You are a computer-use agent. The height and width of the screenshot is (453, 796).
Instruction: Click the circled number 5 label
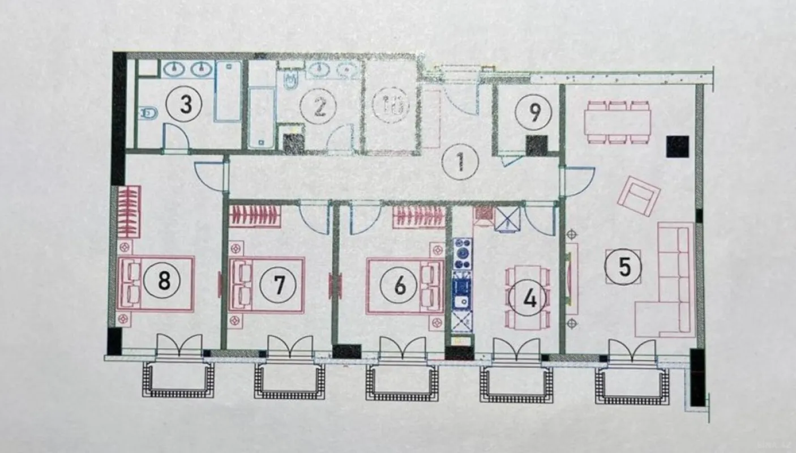click(624, 267)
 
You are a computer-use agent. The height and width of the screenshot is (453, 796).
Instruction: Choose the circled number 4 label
click(529, 298)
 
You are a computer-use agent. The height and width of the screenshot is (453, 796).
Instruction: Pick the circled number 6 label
click(400, 285)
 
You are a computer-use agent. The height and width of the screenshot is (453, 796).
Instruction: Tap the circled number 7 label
click(279, 284)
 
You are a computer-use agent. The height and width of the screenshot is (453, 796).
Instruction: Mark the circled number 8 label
click(164, 280)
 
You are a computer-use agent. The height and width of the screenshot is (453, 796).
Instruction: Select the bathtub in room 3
click(228, 91)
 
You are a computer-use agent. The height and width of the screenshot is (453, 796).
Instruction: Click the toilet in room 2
click(289, 81)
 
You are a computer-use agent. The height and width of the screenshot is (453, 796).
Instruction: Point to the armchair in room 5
click(639, 195)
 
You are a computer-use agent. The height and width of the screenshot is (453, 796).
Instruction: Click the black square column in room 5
click(677, 147)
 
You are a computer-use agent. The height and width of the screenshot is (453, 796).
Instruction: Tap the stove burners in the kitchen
click(463, 250)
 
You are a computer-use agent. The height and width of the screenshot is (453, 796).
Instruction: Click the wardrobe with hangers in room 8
click(130, 211)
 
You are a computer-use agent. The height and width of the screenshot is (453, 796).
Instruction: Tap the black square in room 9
click(536, 146)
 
